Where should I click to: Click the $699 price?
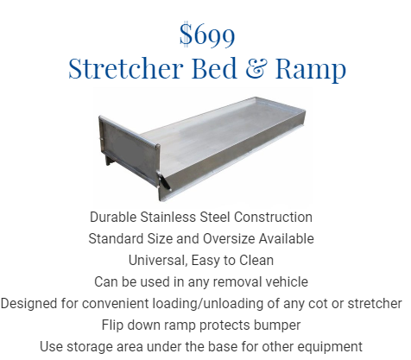(x=207, y=35)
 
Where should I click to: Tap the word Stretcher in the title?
(x=126, y=68)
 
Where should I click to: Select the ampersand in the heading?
(x=255, y=68)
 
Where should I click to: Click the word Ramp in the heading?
(x=311, y=69)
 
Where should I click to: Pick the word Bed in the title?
(x=214, y=68)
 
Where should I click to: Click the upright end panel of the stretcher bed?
(x=128, y=148)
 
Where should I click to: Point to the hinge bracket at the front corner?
(x=164, y=181)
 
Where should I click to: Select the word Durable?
(x=113, y=217)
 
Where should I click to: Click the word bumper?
(x=277, y=325)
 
